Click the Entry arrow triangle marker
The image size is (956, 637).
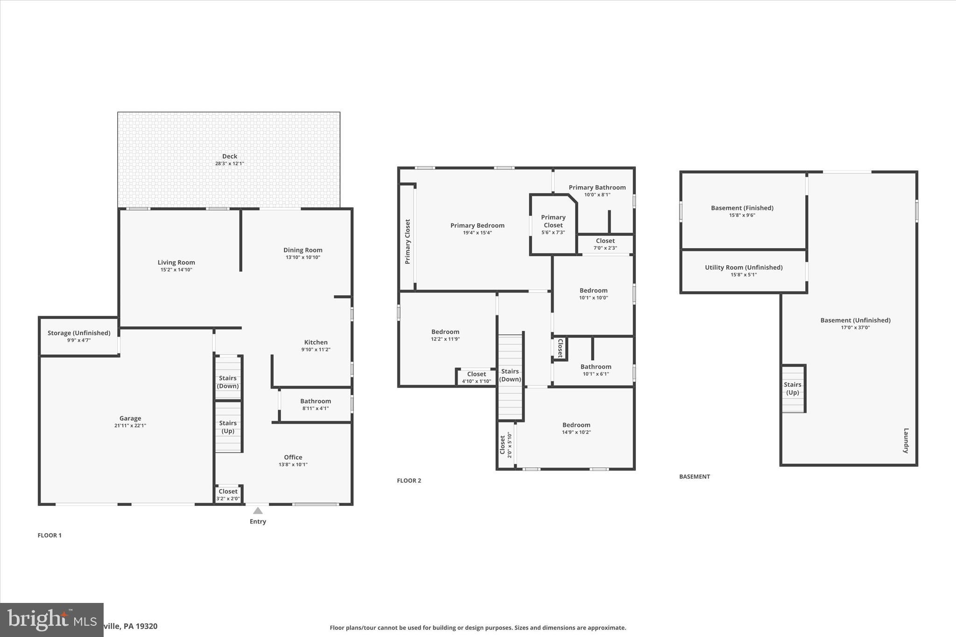click(258, 511)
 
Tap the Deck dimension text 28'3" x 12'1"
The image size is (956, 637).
click(229, 164)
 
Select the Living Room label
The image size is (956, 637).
click(176, 262)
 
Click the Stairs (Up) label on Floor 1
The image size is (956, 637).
click(228, 427)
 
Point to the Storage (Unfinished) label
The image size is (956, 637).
click(79, 333)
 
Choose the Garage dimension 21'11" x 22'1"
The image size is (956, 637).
click(130, 426)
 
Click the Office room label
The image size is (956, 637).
click(293, 457)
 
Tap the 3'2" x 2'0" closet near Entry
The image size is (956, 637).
click(228, 495)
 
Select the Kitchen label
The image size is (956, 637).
click(316, 342)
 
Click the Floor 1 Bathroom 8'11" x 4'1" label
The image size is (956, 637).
click(316, 404)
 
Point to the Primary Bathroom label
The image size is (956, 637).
click(597, 188)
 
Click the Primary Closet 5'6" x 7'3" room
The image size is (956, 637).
click(553, 224)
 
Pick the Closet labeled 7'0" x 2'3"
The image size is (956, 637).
click(605, 244)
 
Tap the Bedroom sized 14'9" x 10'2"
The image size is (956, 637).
click(576, 428)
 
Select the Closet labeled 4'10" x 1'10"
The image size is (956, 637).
click(477, 377)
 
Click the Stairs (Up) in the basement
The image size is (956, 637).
click(793, 388)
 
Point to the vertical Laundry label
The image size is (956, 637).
click(906, 441)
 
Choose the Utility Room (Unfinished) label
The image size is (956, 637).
click(744, 267)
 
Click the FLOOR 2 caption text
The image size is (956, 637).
click(409, 481)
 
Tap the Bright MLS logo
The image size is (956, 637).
click(51, 619)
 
